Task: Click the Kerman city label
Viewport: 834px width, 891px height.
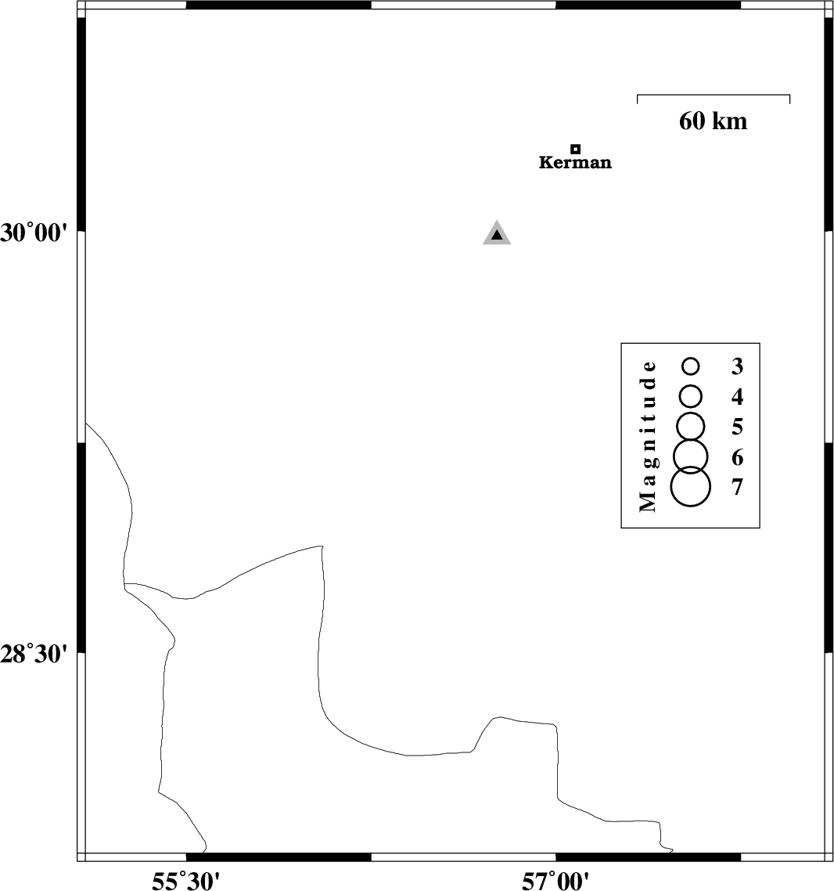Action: [575, 163]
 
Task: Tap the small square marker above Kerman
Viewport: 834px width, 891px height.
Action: [575, 149]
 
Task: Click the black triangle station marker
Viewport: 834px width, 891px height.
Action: [497, 233]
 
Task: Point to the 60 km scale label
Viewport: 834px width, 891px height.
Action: [713, 121]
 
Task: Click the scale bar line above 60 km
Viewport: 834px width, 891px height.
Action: [713, 95]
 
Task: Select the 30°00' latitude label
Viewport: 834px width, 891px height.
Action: [34, 233]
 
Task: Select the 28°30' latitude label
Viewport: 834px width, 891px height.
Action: [34, 655]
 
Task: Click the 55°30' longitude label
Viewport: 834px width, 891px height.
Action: [185, 882]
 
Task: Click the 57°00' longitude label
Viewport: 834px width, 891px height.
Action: [555, 882]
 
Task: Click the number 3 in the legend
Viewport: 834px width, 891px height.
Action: [737, 366]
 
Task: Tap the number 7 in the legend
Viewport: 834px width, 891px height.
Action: [737, 487]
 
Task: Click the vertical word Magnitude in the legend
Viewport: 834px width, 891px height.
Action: [648, 436]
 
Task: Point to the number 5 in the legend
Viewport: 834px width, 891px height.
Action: [737, 427]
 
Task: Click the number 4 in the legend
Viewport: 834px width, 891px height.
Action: [737, 397]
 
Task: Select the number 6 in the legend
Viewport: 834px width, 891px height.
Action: [737, 457]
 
